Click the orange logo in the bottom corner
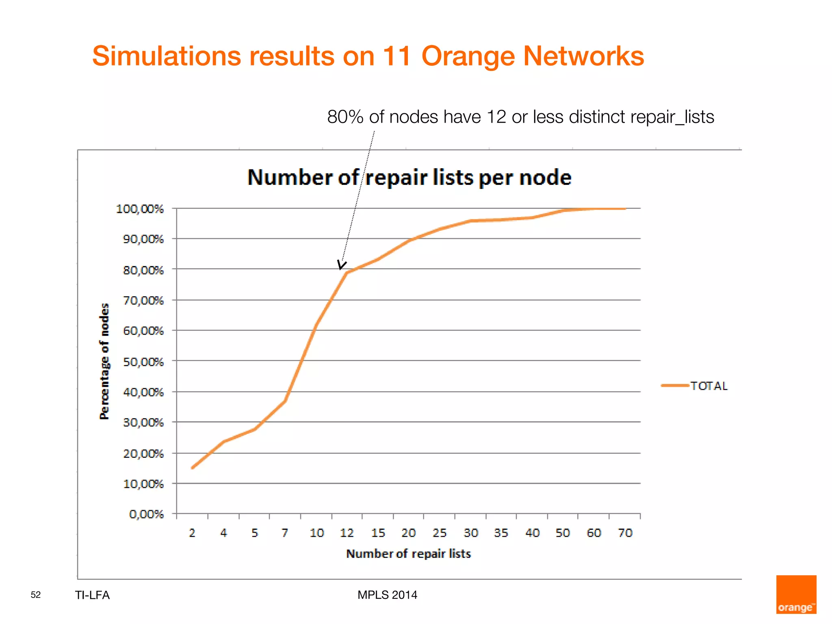point(796,594)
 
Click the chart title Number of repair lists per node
point(409,178)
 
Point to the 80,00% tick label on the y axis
point(143,270)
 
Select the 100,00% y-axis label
point(140,209)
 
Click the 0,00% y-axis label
point(146,514)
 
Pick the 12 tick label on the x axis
point(347,533)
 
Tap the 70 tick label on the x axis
point(625,533)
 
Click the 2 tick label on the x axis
point(192,533)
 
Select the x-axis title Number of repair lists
point(408,554)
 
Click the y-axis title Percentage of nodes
point(104,361)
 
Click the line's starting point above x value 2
point(192,468)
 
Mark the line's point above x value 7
point(285,401)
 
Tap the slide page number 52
point(36,595)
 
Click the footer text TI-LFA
point(92,595)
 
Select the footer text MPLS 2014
point(387,595)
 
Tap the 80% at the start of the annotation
point(345,117)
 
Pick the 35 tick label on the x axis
point(501,533)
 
